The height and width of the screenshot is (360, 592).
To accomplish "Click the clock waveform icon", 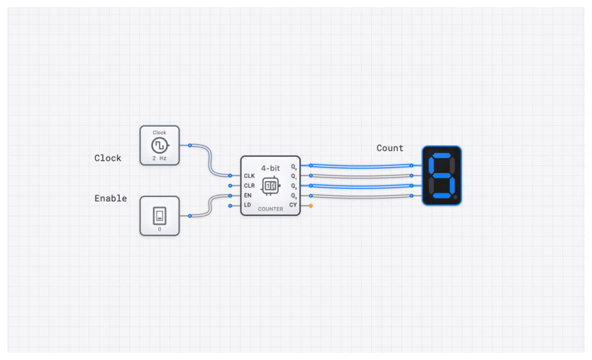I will (160, 145).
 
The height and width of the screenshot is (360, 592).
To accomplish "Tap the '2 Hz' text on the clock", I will (160, 157).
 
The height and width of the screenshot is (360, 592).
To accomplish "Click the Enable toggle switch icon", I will (160, 215).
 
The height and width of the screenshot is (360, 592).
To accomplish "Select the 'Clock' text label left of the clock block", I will (108, 158).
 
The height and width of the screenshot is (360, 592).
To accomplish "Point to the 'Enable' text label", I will (110, 198).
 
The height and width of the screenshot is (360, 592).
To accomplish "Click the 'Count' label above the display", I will (390, 148).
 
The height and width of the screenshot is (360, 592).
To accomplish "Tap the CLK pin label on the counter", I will (249, 175).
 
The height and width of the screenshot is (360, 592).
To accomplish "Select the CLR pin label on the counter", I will (249, 185).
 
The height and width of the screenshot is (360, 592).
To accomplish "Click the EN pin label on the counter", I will (248, 196).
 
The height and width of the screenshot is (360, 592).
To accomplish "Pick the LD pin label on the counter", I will (248, 206).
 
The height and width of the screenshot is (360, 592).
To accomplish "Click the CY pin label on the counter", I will (293, 206).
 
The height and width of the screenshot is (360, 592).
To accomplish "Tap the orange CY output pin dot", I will (311, 206).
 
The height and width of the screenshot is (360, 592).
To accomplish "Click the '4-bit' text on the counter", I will (271, 167).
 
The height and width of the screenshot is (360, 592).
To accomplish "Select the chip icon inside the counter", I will (271, 185).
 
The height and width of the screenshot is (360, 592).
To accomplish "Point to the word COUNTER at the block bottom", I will (271, 208).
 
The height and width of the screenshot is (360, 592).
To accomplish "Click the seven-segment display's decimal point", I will (456, 198).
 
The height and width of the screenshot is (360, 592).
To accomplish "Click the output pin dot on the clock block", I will (190, 145).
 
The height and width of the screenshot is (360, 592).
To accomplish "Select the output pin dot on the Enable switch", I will (190, 215).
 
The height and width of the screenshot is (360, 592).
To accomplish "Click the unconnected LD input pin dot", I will (230, 206).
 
